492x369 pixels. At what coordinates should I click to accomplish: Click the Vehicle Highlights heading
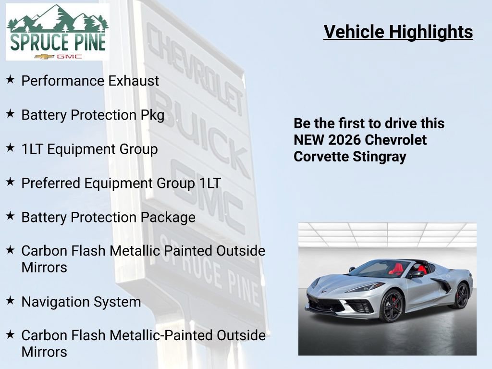(398, 32)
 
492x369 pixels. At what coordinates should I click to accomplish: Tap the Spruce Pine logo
(58, 32)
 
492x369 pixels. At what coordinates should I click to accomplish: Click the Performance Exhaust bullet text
(90, 81)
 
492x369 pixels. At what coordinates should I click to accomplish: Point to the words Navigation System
(81, 302)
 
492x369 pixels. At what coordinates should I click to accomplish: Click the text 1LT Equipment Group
(89, 149)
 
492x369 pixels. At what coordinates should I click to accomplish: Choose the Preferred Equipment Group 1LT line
(121, 184)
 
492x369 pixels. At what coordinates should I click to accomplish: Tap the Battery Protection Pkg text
(93, 115)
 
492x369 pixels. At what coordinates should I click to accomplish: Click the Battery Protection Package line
(108, 218)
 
